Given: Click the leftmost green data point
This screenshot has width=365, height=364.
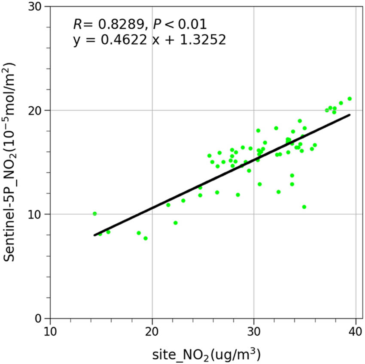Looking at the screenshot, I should (x=94, y=214).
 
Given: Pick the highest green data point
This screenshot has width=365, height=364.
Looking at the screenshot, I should (x=350, y=99).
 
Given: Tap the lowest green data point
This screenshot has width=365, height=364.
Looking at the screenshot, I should (x=146, y=238).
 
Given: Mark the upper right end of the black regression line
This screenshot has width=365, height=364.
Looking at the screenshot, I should (x=350, y=114).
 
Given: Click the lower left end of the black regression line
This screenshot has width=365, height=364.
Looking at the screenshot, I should (x=94, y=235).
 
